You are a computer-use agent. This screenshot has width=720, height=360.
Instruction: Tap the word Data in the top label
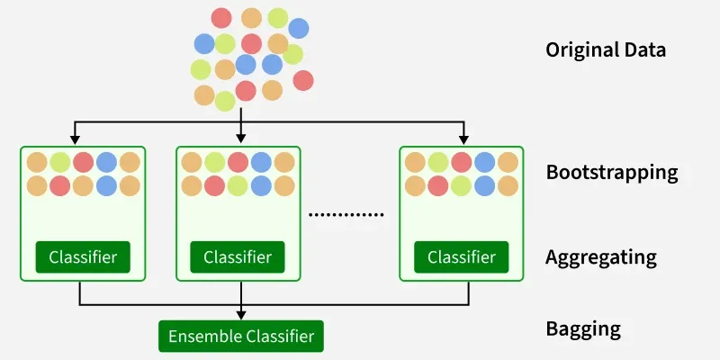click(x=644, y=49)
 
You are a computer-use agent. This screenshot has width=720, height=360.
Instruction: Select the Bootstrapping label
click(x=612, y=172)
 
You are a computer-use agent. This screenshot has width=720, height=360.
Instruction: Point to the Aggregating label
click(x=601, y=257)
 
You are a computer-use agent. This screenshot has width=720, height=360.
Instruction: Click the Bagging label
click(x=583, y=328)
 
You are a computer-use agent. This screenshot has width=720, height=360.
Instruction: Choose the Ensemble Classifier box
click(x=240, y=337)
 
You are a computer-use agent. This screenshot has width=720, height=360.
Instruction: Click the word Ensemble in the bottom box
click(x=203, y=337)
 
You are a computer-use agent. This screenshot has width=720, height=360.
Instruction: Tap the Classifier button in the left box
click(x=83, y=257)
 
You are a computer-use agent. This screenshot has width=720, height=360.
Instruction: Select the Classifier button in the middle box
click(x=238, y=257)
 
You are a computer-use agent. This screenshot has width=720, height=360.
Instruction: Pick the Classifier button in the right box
click(x=461, y=257)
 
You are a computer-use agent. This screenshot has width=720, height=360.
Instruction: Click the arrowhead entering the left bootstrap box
click(x=76, y=140)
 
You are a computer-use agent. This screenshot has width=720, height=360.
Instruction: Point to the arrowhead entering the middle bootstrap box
click(x=241, y=140)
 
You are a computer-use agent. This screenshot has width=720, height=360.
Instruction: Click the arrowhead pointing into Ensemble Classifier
click(x=241, y=316)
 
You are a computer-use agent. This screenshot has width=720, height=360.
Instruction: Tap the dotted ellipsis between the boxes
click(x=346, y=215)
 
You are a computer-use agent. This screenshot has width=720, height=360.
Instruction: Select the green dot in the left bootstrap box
click(x=60, y=162)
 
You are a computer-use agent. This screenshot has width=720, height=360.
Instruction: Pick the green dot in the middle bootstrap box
click(x=214, y=162)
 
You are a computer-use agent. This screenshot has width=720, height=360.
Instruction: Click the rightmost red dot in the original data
click(x=303, y=80)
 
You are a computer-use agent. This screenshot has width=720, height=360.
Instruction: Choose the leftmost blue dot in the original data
click(x=204, y=42)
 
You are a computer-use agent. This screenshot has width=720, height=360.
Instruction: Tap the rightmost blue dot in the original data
click(x=298, y=28)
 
